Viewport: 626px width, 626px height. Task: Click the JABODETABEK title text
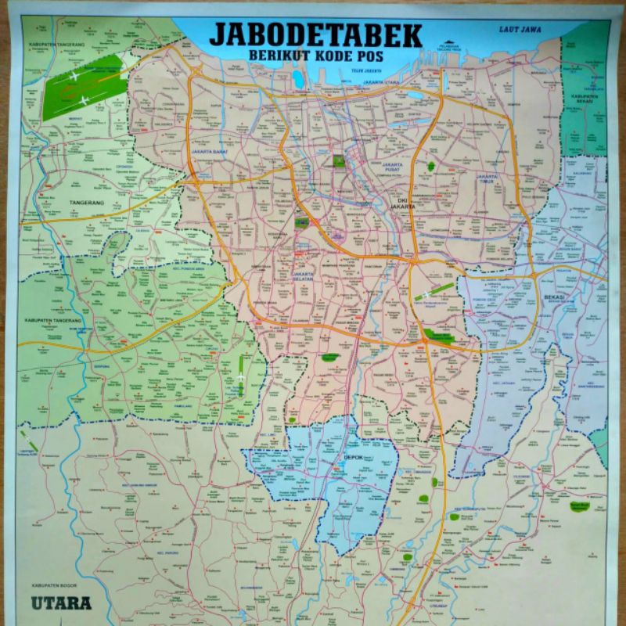tap(315, 36)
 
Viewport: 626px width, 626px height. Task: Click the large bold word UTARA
tap(62, 603)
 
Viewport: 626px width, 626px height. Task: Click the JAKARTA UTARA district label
tap(383, 81)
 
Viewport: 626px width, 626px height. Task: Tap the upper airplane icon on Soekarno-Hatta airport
tap(74, 76)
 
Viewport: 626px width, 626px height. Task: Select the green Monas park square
tap(339, 162)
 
